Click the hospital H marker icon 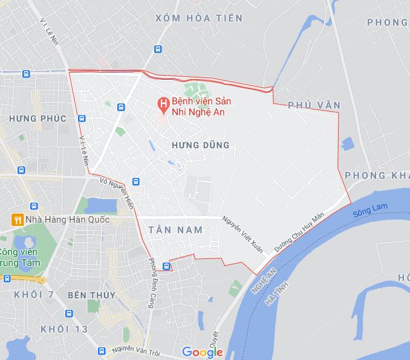[x=162, y=104]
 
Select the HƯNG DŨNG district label [x=201, y=145]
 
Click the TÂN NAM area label [x=175, y=230]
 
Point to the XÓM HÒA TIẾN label [x=199, y=18]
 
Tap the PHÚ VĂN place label [x=314, y=105]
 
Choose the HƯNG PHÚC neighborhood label [x=37, y=119]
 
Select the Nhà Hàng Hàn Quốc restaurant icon [x=18, y=219]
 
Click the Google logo [x=202, y=352]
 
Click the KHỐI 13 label [x=64, y=329]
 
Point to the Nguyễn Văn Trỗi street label [x=140, y=350]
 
